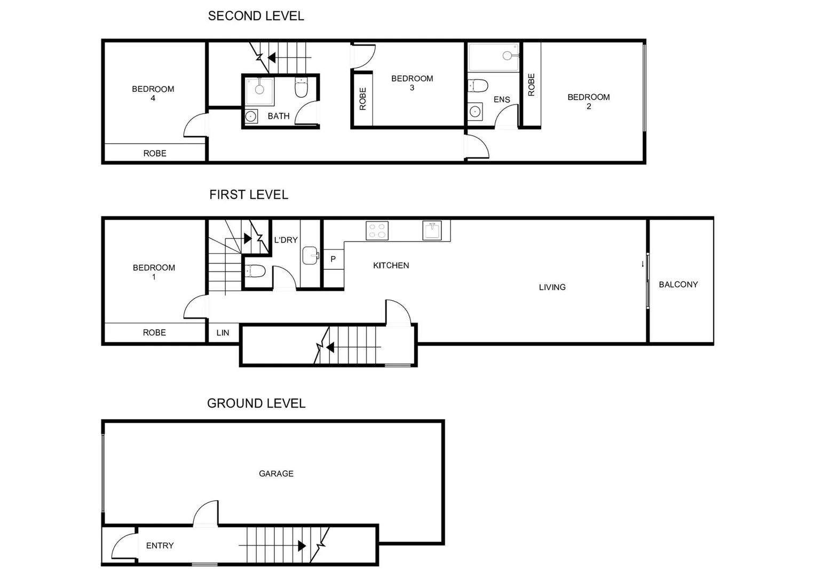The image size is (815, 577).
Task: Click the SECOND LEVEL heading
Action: coord(256,16)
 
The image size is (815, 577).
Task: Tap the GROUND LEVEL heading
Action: coord(256,403)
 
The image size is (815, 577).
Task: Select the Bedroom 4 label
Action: coord(153,93)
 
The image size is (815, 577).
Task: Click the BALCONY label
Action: coord(678,284)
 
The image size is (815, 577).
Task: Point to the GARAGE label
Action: coord(276,473)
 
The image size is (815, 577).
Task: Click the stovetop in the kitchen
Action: coord(377,231)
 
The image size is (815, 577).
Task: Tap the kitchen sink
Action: coord(432,231)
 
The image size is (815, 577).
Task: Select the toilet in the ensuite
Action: coord(478,85)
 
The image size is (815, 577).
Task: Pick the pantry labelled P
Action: coord(333,259)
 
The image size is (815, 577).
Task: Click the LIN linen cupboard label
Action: coord(223,333)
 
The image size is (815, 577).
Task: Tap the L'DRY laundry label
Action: coord(286,240)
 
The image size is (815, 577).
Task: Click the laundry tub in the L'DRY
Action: coord(310,255)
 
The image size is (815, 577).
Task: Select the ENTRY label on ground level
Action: coord(160,545)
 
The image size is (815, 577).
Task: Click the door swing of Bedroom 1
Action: coord(195,308)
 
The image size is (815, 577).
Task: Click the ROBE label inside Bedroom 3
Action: coord(363,99)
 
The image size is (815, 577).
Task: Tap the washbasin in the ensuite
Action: coord(475,112)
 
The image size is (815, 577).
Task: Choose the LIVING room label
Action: coord(552,287)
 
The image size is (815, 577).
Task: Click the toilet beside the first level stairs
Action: coord(256,271)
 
